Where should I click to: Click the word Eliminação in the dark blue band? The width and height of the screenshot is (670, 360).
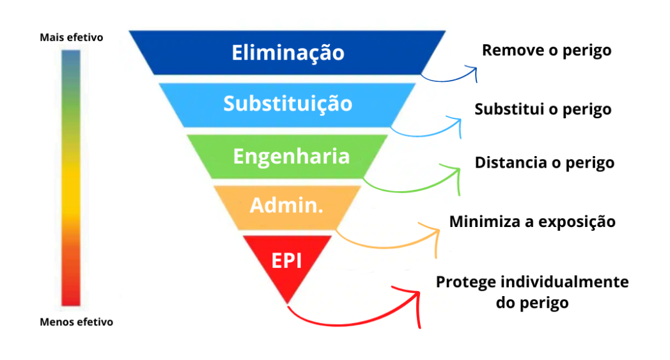(x=288, y=52)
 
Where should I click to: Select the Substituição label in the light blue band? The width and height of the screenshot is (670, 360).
(x=288, y=103)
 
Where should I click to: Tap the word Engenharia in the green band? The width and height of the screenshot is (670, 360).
(x=291, y=156)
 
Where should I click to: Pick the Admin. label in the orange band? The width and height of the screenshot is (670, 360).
(x=286, y=205)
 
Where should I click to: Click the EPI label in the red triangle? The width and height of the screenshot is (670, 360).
(x=287, y=260)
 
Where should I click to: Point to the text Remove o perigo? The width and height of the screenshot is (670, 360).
(x=547, y=50)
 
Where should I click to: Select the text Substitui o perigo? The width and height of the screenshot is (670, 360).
(x=543, y=109)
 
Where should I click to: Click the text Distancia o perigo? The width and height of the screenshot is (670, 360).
(x=544, y=162)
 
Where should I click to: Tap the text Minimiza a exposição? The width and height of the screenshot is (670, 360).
(x=532, y=222)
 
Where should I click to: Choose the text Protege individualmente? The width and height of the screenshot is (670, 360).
(x=532, y=282)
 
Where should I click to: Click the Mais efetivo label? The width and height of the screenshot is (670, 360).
(x=71, y=38)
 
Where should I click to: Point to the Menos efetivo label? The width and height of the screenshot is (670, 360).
(x=76, y=322)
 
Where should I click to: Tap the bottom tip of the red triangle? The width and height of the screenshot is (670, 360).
(x=287, y=302)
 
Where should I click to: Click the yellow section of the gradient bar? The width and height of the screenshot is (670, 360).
(x=70, y=192)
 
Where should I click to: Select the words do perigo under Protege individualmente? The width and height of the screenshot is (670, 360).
(x=532, y=302)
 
